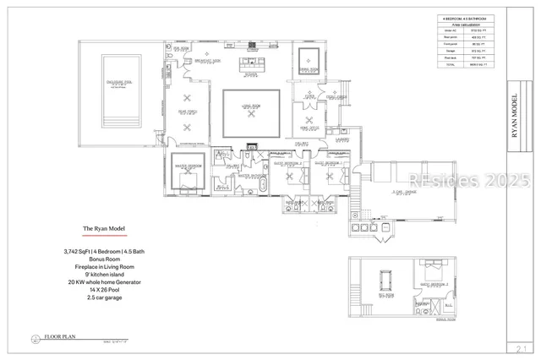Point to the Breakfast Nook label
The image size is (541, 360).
(208, 62)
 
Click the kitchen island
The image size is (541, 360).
(251, 64)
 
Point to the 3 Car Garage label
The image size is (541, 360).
(402, 193)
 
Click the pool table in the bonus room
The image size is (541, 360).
(387, 279)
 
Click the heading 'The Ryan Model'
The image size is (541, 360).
(103, 229)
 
